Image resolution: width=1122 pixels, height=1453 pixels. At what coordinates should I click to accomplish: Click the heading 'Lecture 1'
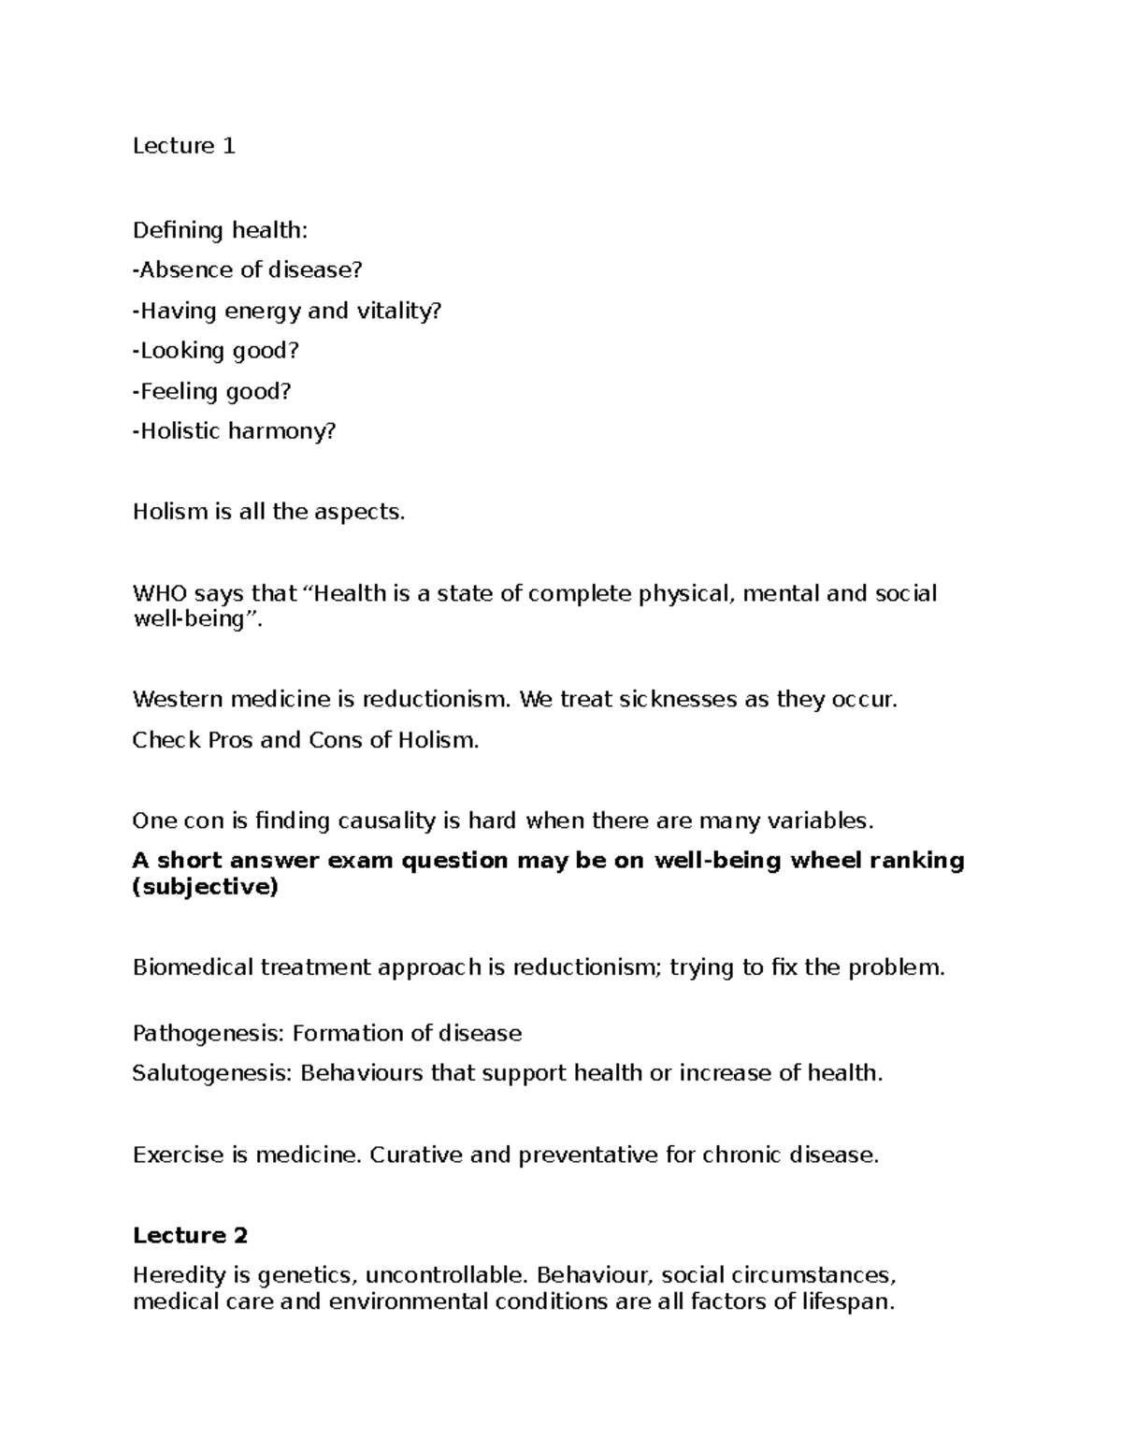pyautogui.click(x=183, y=146)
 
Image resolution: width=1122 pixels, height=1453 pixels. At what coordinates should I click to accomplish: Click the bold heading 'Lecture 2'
pyautogui.click(x=190, y=1235)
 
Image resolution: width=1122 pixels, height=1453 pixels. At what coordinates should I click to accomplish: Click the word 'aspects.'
pyautogui.click(x=360, y=512)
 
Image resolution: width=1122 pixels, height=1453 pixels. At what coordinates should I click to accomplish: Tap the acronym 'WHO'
pyautogui.click(x=160, y=593)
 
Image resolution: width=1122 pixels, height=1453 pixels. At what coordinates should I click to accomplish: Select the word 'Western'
pyautogui.click(x=177, y=699)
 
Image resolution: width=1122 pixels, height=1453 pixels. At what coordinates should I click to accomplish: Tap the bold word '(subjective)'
pyautogui.click(x=206, y=887)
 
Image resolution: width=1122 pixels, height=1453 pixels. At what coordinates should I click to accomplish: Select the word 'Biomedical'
pyautogui.click(x=193, y=966)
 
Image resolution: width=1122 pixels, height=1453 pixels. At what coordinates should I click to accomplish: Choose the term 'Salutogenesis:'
pyautogui.click(x=212, y=1073)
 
